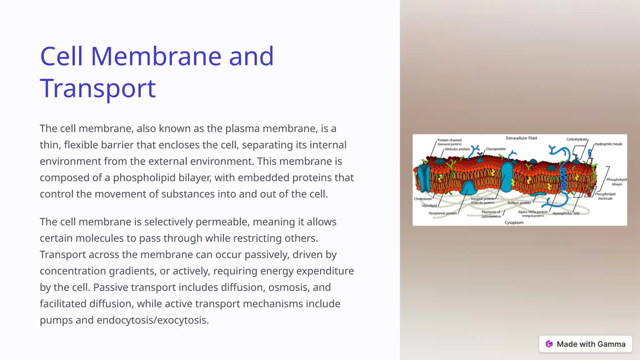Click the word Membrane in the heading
pyautogui.click(x=156, y=56)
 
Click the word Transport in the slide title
pyautogui.click(x=98, y=88)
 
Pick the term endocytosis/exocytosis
pyautogui.click(x=152, y=320)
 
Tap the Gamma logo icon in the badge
pyautogui.click(x=549, y=344)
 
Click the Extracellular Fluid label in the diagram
pyautogui.click(x=521, y=138)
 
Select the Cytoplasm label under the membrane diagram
pyautogui.click(x=514, y=222)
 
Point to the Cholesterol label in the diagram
pyautogui.click(x=422, y=199)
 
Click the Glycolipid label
pyautogui.click(x=429, y=206)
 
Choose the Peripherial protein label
pyautogui.click(x=442, y=213)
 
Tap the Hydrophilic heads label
pyautogui.click(x=608, y=144)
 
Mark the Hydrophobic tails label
pyautogui.click(x=566, y=214)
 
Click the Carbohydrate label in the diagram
pyautogui.click(x=577, y=139)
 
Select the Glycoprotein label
pyautogui.click(x=496, y=149)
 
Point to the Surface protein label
pyautogui.click(x=519, y=203)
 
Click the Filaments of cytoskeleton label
pyautogui.click(x=491, y=214)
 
